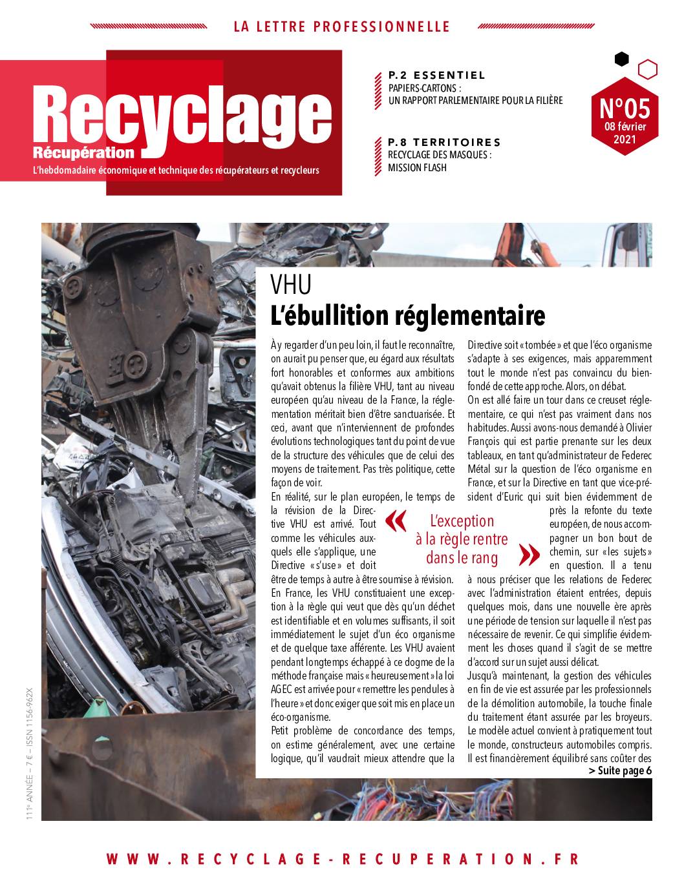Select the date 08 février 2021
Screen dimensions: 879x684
[x=624, y=132]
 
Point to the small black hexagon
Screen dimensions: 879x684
[x=621, y=59]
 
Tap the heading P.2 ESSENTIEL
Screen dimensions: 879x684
[x=437, y=75]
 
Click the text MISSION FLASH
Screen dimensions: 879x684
[x=417, y=168]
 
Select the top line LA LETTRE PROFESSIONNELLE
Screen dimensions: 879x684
[x=341, y=26]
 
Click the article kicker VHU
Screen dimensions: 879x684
[x=291, y=284]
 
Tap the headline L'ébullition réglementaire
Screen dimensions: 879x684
[x=408, y=316]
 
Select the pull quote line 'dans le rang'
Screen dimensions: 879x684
[x=462, y=557]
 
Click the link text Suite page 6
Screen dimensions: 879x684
[x=620, y=770]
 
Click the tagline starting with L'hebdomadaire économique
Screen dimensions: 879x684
[x=170, y=171]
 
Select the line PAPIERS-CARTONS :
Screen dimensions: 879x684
[x=425, y=88]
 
